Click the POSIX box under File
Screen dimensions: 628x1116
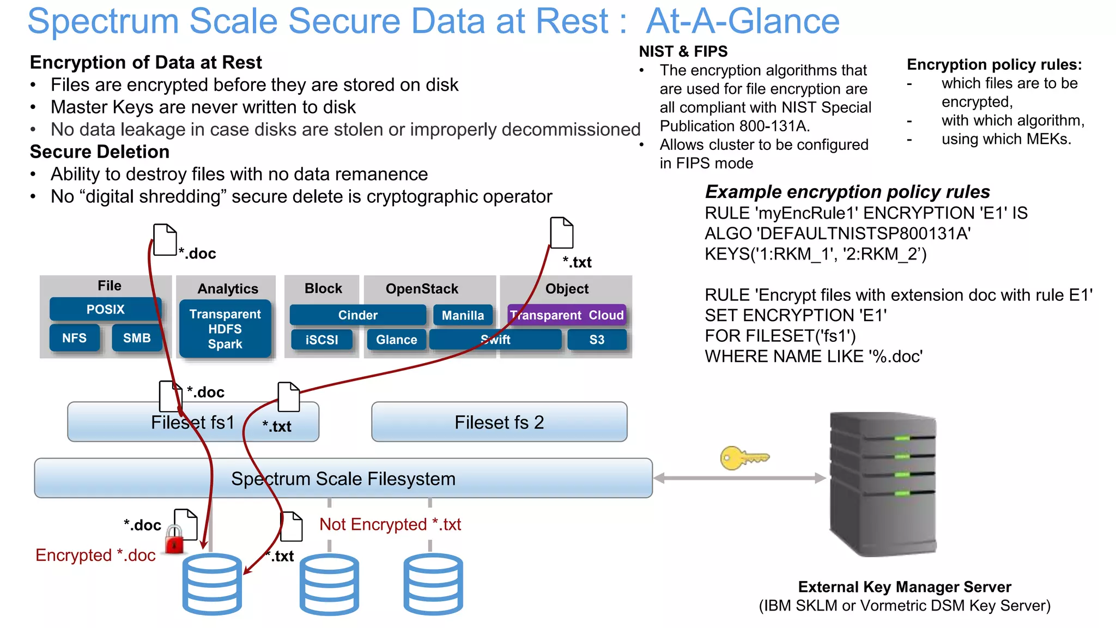tap(105, 309)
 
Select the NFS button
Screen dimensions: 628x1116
tap(75, 338)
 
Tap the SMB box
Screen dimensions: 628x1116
tap(137, 338)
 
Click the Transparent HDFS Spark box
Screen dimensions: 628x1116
tap(225, 329)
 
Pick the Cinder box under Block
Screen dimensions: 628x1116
tap(357, 315)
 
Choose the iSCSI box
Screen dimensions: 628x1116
tap(322, 340)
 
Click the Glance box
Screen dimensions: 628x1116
tap(396, 340)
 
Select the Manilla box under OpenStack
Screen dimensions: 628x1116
tap(463, 315)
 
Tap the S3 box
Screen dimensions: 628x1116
tap(597, 340)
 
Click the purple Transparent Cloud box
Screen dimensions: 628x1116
tap(567, 315)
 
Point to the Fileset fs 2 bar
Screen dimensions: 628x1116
tap(499, 422)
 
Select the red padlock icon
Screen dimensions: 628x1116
tap(174, 540)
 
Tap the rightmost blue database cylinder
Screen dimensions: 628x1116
tap(433, 584)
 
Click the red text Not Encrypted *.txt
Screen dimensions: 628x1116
tap(390, 524)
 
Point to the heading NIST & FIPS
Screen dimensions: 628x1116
tap(683, 51)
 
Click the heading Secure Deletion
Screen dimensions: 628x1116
tap(100, 152)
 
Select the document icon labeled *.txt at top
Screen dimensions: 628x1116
tap(561, 233)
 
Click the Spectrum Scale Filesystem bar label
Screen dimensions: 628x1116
tap(343, 479)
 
